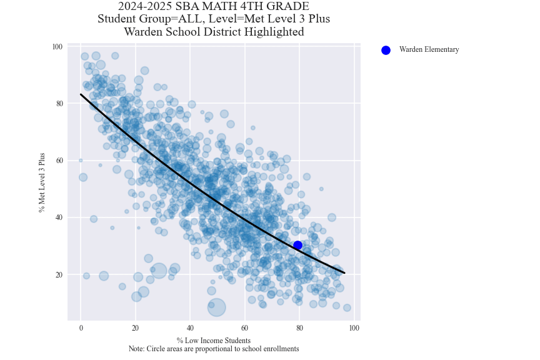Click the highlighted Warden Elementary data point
pyautogui.click(x=298, y=246)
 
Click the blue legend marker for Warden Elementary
pyautogui.click(x=386, y=50)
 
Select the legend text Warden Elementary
pyautogui.click(x=429, y=50)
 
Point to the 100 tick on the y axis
pyautogui.click(x=57, y=47)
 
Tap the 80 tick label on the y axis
pyautogui.click(x=58, y=104)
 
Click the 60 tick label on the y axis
pyautogui.click(x=58, y=161)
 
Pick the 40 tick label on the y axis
pyautogui.click(x=58, y=217)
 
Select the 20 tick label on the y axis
pyautogui.click(x=58, y=275)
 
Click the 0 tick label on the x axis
pyautogui.click(x=81, y=329)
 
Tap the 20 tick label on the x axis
pyautogui.click(x=135, y=329)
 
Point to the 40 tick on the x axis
pyautogui.click(x=190, y=329)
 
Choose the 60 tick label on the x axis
pyautogui.click(x=244, y=329)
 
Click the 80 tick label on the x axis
pyautogui.click(x=299, y=329)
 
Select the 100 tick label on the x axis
pyautogui.click(x=354, y=329)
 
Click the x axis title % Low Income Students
pyautogui.click(x=213, y=341)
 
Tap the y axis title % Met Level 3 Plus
pyautogui.click(x=42, y=182)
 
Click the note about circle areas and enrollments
pyautogui.click(x=213, y=349)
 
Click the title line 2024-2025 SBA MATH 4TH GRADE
pyautogui.click(x=213, y=7)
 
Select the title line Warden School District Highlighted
pyautogui.click(x=213, y=32)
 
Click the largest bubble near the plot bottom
pyautogui.click(x=216, y=307)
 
